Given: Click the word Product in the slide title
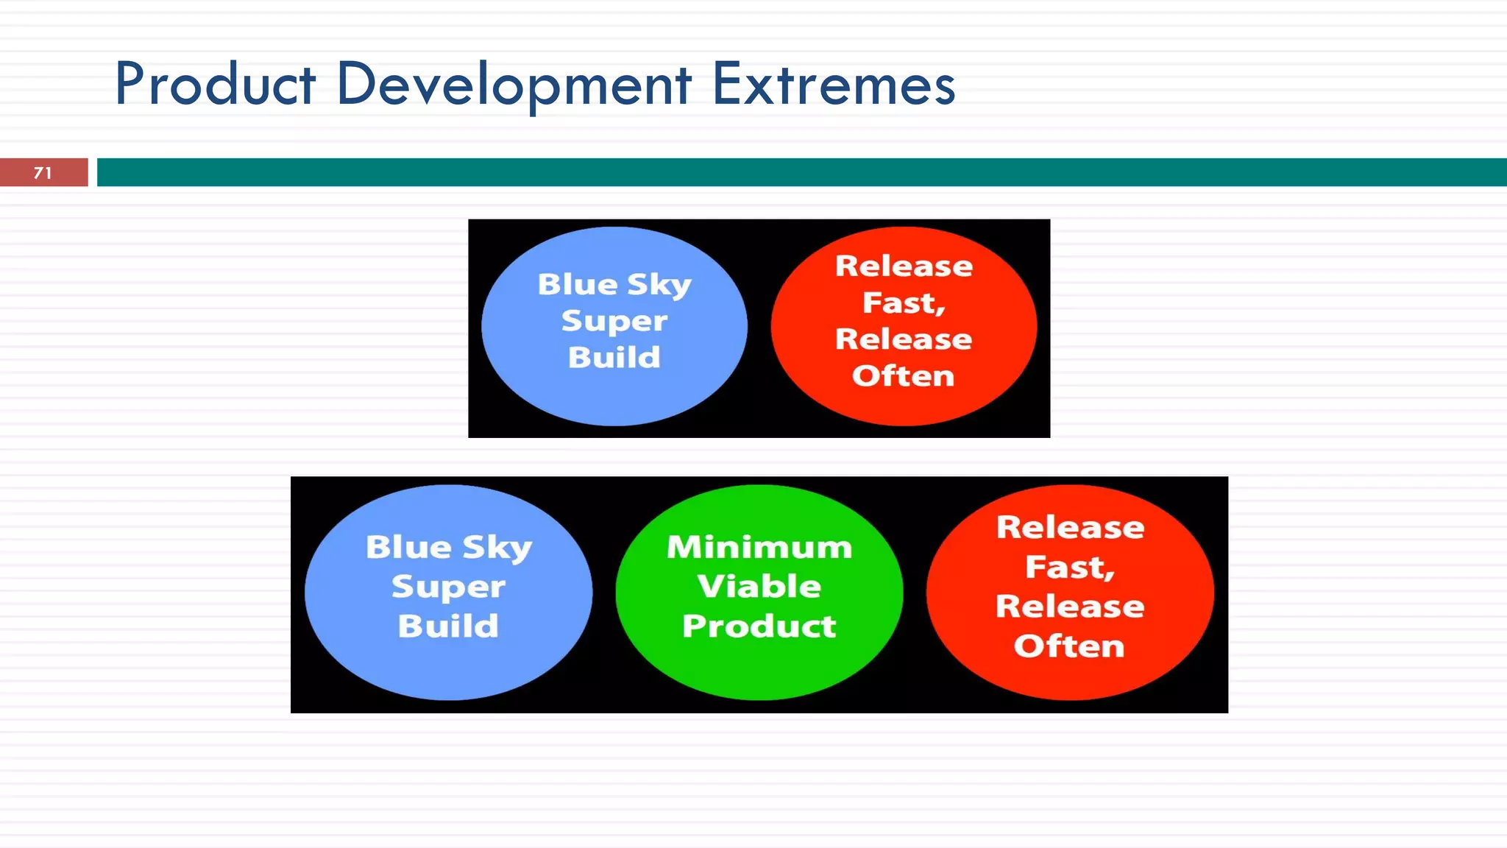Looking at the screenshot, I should tap(215, 84).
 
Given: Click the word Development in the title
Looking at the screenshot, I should tap(513, 84).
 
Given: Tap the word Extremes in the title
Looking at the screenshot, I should tap(833, 84).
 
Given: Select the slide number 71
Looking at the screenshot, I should tap(43, 173).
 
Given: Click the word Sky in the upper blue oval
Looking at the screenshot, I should tap(659, 285).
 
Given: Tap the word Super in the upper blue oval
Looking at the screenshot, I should tap(614, 321).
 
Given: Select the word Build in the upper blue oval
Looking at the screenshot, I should tap(614, 358).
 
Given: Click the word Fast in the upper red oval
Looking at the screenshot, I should tap(903, 303).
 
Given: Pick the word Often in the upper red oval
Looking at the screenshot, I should tap(903, 376).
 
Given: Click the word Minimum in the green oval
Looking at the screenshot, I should tap(759, 547).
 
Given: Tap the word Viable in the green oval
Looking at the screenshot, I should tap(759, 587).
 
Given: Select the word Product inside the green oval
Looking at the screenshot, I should tap(759, 626).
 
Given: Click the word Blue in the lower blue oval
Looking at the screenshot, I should tap(408, 547).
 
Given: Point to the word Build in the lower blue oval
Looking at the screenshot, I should tap(448, 626).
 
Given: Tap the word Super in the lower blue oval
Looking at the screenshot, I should tap(448, 587).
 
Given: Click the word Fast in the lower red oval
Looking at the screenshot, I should tap(1069, 567).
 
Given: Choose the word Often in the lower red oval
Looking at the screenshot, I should tap(1069, 646).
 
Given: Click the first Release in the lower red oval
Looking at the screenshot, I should tap(1070, 527).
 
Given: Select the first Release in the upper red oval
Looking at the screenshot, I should tap(904, 266).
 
